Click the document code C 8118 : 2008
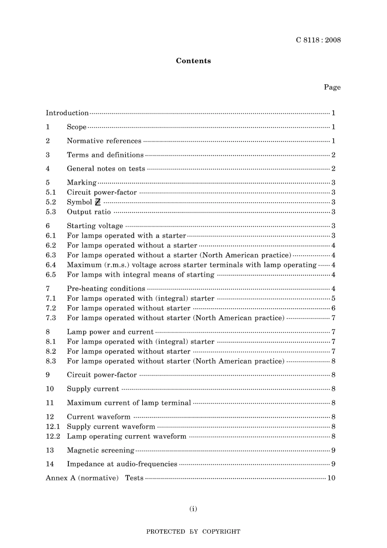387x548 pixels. [318, 40]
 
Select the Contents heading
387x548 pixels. [193, 61]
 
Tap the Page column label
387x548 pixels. [332, 87]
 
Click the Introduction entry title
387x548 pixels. [67, 113]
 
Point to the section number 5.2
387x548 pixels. [51, 202]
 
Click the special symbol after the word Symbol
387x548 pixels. [97, 202]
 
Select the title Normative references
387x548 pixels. [104, 141]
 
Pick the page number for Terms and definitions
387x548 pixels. [333, 155]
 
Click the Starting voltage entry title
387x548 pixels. [95, 226]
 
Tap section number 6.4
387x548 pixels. [51, 265]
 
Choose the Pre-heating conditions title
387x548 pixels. [106, 288]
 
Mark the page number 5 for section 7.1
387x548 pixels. [333, 298]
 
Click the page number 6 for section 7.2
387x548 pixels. [333, 308]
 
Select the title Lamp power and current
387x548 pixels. [110, 332]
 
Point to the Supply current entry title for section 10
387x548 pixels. [93, 389]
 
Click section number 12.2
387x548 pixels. [53, 436]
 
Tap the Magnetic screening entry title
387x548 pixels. [101, 450]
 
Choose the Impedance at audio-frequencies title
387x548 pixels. [122, 464]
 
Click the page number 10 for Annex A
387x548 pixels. [331, 478]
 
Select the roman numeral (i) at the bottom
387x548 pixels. [193, 508]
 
